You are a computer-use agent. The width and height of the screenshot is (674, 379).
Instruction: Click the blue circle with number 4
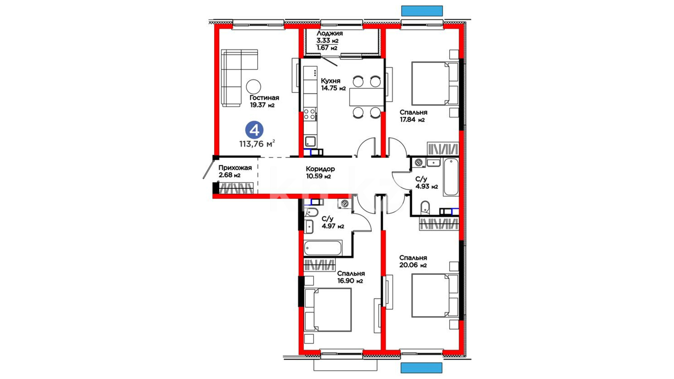tap(254, 130)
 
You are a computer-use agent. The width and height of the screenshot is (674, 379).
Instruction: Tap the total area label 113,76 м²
tap(257, 144)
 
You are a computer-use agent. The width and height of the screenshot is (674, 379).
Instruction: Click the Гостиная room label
tap(264, 98)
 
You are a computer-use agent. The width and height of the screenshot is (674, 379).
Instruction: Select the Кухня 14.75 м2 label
tap(333, 85)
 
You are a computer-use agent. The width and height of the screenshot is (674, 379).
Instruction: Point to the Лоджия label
tap(329, 34)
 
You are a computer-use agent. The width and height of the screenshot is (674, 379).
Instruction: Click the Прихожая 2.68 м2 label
tap(235, 172)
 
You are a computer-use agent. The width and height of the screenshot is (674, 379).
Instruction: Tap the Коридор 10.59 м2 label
tap(320, 173)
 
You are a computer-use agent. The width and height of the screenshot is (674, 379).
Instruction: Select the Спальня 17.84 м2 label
tap(413, 116)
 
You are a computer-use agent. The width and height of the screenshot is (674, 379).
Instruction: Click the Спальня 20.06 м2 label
tap(413, 262)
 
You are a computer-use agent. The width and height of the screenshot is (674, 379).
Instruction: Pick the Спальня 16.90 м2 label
tap(351, 277)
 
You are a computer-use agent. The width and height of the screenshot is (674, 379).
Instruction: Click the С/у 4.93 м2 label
tap(427, 183)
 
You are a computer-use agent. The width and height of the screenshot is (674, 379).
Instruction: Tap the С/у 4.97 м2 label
tap(333, 222)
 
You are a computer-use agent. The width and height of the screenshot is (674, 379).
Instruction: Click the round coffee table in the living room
tap(253, 86)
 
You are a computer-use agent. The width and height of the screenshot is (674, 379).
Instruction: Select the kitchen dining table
tap(367, 97)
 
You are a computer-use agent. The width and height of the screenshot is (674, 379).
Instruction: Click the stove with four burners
tap(310, 114)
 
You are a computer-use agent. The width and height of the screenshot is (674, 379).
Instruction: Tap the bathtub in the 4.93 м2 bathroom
tap(451, 177)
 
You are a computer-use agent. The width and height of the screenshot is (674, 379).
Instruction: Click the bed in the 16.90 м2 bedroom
tap(328, 310)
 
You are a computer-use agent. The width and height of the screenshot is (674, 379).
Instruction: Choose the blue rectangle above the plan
tap(422, 11)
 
